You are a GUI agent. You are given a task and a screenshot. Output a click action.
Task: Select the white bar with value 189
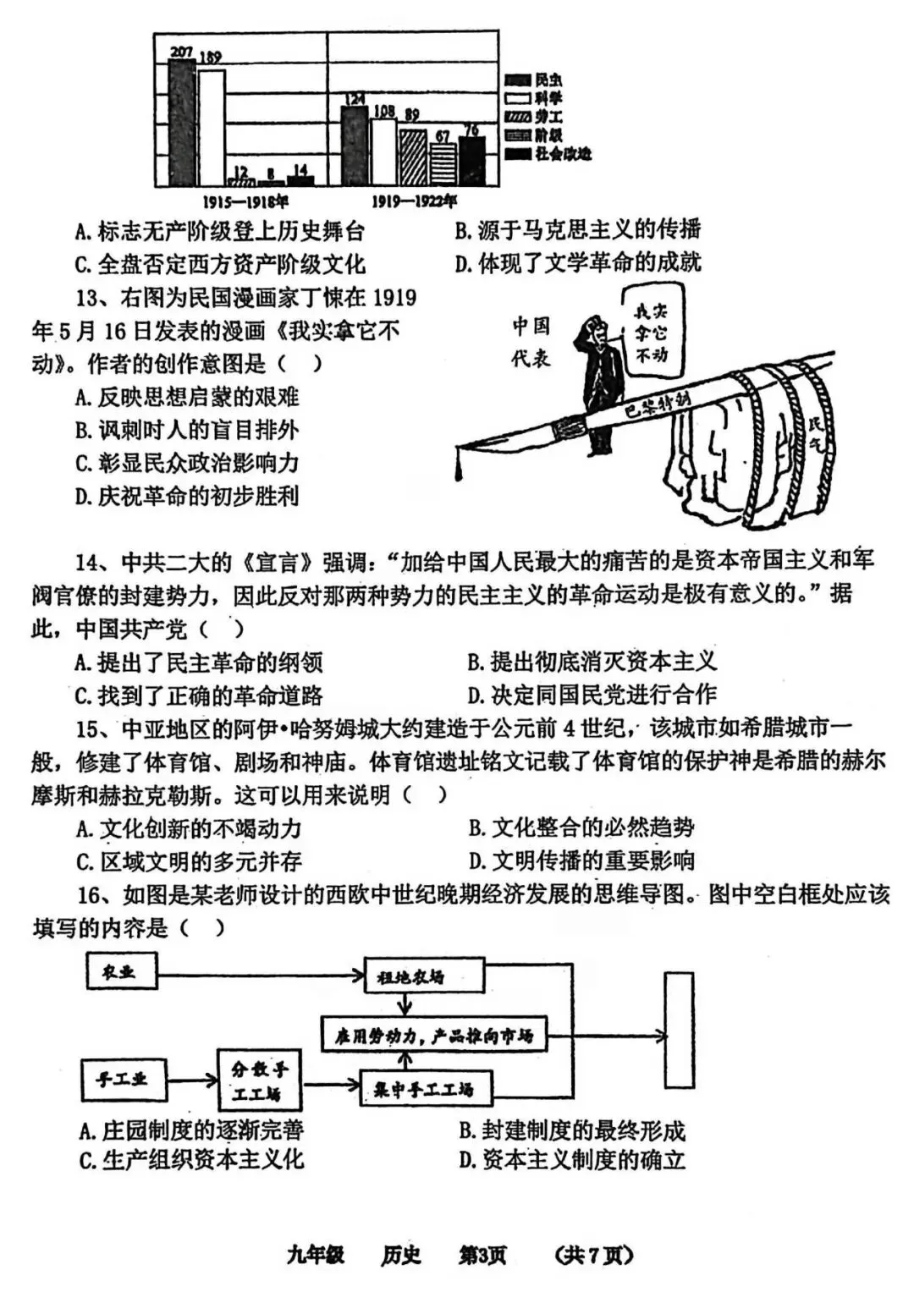(212, 127)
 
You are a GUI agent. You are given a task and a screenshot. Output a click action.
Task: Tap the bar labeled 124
(355, 144)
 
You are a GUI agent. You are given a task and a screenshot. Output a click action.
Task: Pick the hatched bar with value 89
(412, 156)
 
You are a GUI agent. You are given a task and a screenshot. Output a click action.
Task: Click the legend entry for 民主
(533, 80)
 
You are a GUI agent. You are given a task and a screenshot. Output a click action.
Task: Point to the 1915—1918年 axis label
(245, 201)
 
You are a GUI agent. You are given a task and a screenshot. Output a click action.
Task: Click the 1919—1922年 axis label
(414, 201)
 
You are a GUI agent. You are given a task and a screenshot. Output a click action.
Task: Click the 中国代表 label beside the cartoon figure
(531, 341)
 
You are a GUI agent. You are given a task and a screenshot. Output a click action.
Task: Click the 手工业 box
(122, 1079)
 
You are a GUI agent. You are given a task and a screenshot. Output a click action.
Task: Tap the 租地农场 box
(424, 976)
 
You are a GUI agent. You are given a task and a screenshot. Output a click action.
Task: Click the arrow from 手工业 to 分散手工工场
(191, 1080)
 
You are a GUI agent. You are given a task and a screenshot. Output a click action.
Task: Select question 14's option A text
(198, 662)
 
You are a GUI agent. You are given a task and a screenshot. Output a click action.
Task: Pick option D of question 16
(572, 1159)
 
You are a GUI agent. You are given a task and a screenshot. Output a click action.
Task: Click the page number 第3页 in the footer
(482, 1255)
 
